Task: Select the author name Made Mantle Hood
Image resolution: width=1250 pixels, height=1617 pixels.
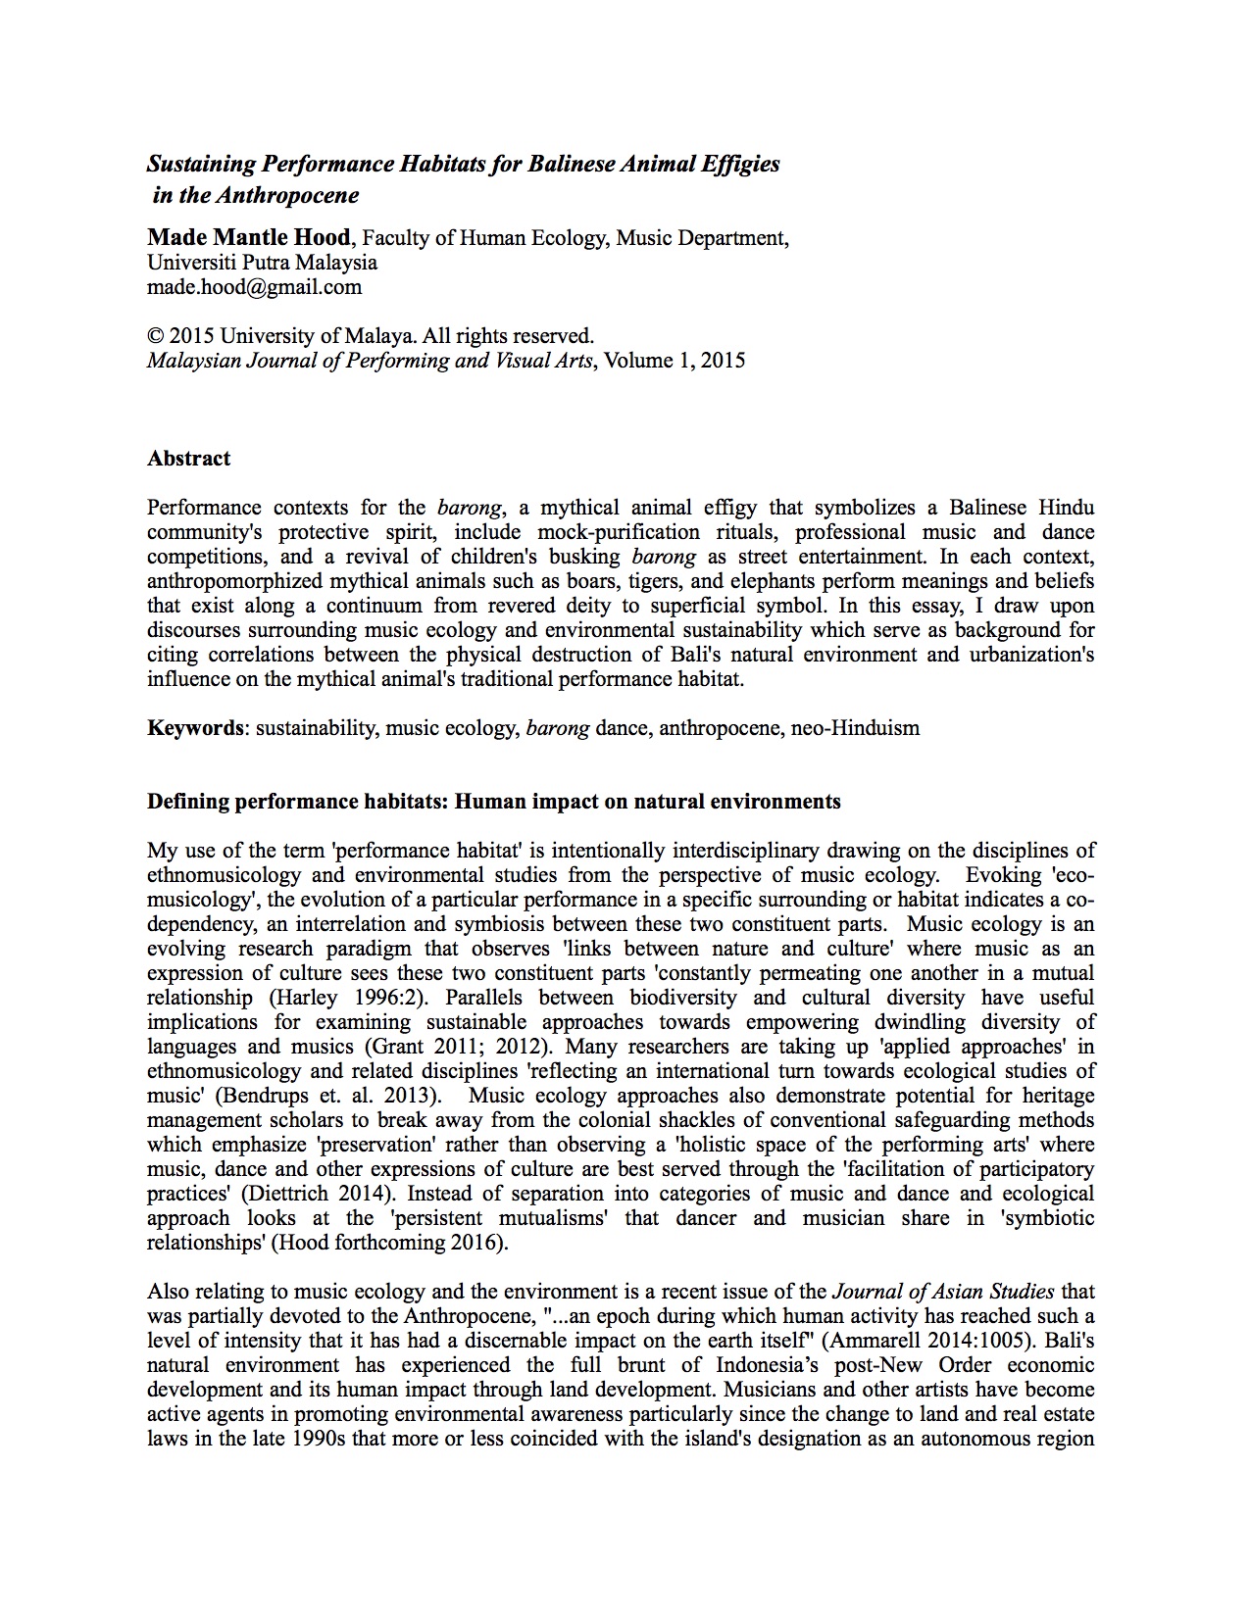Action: click(248, 237)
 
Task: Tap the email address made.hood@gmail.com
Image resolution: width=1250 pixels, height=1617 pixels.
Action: click(254, 287)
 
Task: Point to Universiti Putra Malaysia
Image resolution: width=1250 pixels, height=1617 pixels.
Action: click(262, 263)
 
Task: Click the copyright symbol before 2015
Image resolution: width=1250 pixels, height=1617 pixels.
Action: click(155, 336)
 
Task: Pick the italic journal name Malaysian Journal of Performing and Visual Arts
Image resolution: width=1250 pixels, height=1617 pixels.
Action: click(370, 361)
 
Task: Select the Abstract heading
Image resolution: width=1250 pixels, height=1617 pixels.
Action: click(188, 459)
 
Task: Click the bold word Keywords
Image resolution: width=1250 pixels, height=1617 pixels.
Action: click(195, 728)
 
